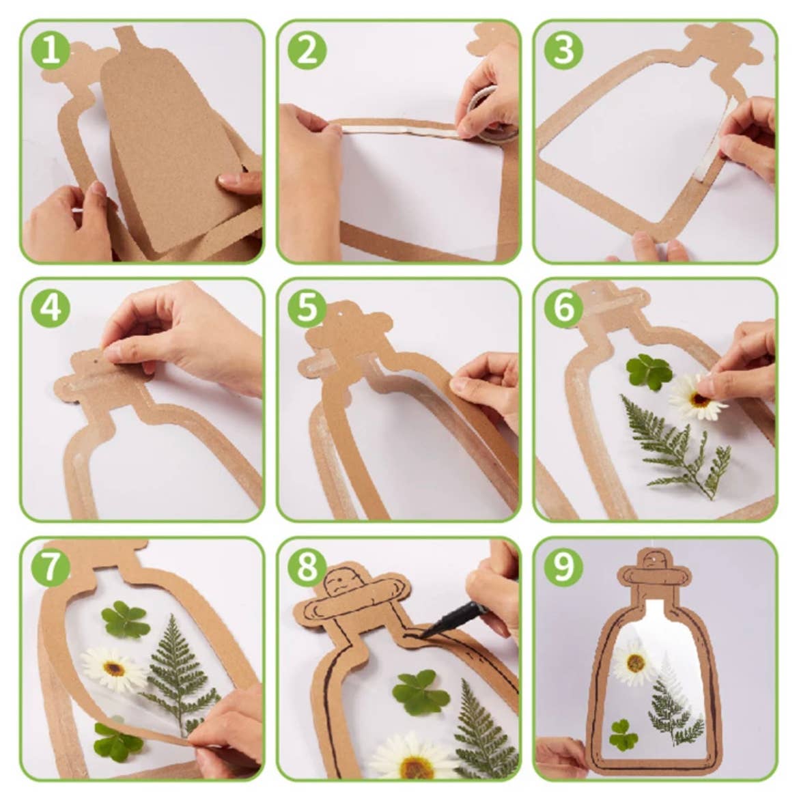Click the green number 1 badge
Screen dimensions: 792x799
(51, 51)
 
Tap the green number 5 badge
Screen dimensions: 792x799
(307, 309)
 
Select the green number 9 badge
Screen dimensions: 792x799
(563, 567)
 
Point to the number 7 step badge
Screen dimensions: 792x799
(51, 567)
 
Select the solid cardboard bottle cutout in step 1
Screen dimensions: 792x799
(171, 150)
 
